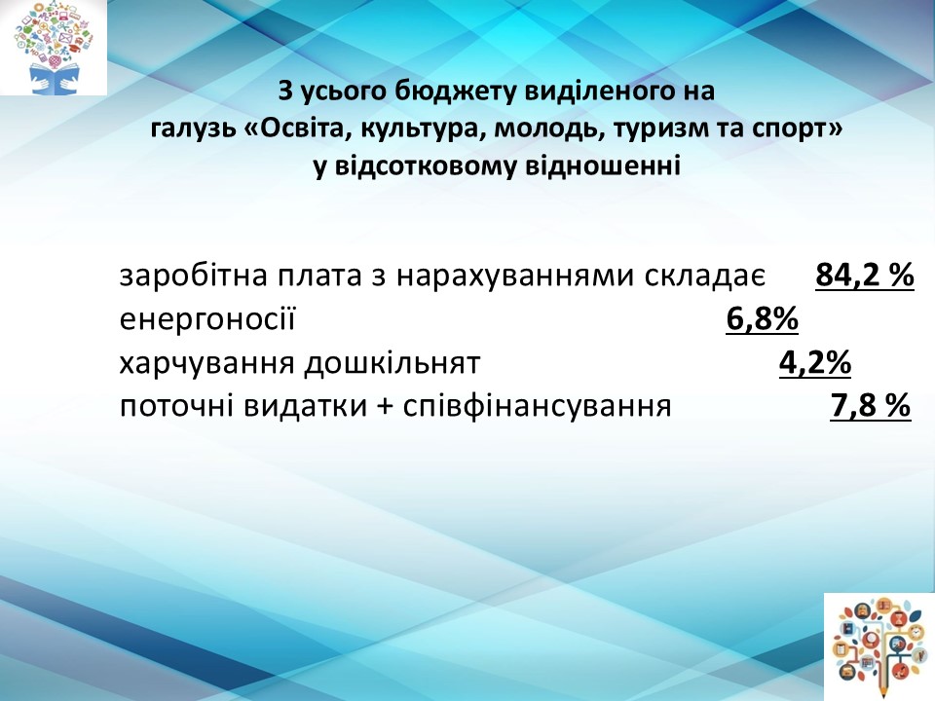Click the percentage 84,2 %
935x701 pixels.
coord(865,276)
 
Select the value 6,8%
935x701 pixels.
coord(762,319)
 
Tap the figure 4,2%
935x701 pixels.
coord(815,362)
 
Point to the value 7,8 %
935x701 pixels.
coord(871,406)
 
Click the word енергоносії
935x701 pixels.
coord(207,319)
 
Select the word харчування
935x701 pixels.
coord(206,363)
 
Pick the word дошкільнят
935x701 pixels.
coord(393,363)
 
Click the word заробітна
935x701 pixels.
coord(190,276)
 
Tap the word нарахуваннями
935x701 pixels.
coord(516,277)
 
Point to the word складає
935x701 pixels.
coord(705,277)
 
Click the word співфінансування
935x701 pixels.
coord(538,407)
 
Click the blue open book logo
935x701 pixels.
coord(53,48)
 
